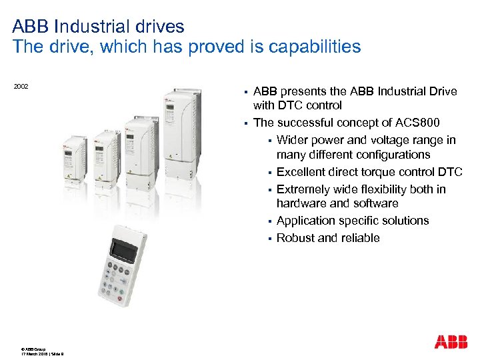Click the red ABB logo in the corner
click(451, 342)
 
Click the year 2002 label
click(21, 87)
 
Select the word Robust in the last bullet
click(295, 238)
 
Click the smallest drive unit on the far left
click(75, 158)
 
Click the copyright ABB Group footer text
click(33, 348)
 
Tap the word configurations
click(390, 155)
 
